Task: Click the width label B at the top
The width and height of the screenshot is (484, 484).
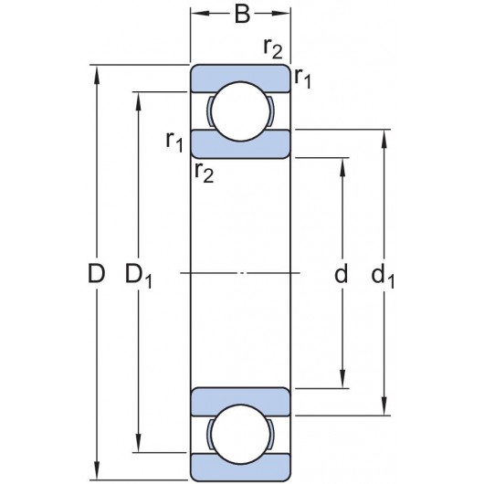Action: click(241, 15)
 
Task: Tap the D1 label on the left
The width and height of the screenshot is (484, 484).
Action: click(140, 274)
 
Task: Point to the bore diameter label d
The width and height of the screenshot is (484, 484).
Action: click(342, 272)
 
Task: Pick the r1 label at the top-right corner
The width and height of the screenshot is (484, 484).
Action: click(302, 80)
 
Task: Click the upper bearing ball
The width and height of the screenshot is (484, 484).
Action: click(241, 110)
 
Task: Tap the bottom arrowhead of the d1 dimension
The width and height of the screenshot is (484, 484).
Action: click(384, 410)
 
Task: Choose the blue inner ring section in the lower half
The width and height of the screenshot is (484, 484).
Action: click(241, 399)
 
